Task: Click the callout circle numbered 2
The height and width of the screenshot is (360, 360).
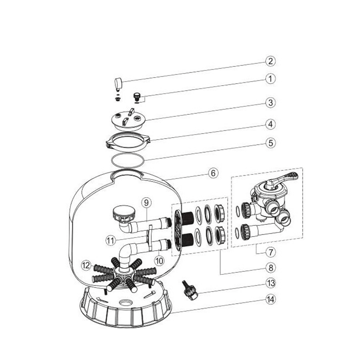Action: [270, 61]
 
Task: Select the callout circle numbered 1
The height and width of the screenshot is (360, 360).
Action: [270, 79]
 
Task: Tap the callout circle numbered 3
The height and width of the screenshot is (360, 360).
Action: [270, 102]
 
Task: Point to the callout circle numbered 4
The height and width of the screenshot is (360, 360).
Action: [270, 124]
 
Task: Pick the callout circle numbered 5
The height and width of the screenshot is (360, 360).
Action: [270, 143]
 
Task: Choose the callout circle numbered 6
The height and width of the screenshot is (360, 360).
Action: [213, 173]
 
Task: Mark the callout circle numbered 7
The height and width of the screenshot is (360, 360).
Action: [270, 252]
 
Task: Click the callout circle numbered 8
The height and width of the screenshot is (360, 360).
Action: [270, 268]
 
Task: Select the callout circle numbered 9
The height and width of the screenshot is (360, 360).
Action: [147, 202]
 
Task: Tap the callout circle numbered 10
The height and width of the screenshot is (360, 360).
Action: [159, 260]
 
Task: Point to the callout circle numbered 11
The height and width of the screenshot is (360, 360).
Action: [111, 240]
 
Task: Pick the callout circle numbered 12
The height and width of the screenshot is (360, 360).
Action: [86, 266]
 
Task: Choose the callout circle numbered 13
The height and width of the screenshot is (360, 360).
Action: [270, 283]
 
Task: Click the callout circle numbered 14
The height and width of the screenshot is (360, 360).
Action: [270, 299]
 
